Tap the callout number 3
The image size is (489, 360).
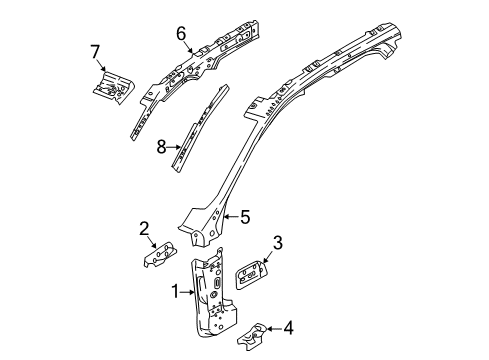pyautogui.click(x=279, y=241)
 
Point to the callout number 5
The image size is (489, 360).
pyautogui.click(x=245, y=214)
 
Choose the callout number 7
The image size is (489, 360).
pyautogui.click(x=96, y=51)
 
